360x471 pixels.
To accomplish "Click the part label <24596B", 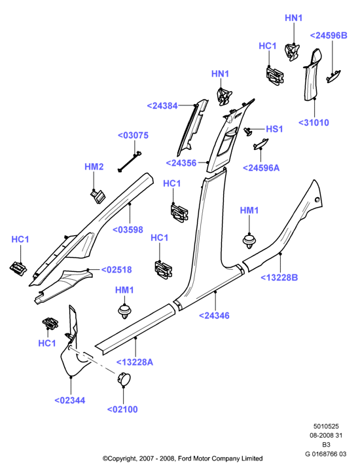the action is (329, 35).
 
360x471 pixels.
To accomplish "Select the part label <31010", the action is (314, 122).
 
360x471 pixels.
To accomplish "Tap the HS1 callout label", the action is (274, 129).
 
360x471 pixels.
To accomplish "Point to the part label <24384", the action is (162, 105).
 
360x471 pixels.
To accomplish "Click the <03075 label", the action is (133, 136).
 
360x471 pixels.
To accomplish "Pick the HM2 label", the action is (94, 166).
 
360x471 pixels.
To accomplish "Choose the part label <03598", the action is (128, 230).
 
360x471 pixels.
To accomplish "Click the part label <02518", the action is (117, 270).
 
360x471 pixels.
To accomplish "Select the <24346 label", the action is (214, 316).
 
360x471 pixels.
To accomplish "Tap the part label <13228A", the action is (135, 362).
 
